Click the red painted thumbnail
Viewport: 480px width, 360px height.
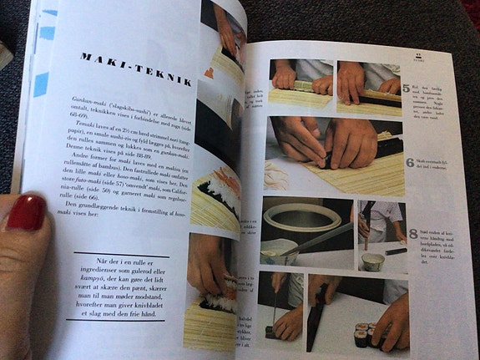(x=26, y=212)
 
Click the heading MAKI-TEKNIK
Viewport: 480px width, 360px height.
(x=137, y=69)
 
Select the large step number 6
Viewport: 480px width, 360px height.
(x=409, y=161)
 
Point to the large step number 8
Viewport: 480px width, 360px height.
(x=412, y=234)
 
